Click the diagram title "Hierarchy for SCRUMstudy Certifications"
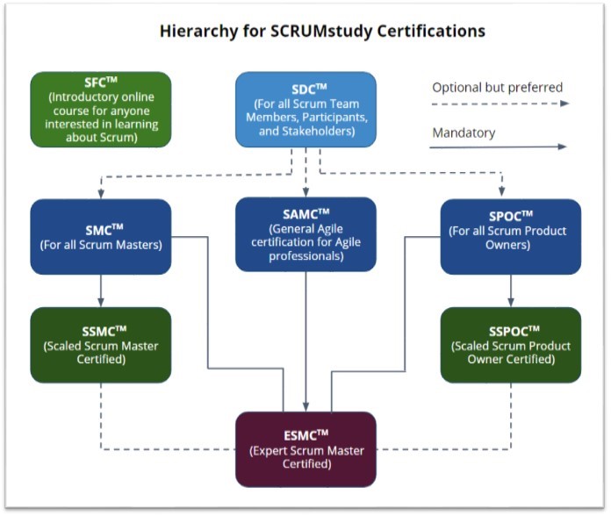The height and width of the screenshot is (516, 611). [322, 32]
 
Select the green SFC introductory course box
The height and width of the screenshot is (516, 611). [100, 109]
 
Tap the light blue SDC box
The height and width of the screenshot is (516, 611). [305, 109]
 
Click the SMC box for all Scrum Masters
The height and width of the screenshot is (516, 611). [100, 236]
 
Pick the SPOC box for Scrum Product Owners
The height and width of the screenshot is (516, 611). [510, 236]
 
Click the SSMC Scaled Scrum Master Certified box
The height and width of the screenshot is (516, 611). [100, 345]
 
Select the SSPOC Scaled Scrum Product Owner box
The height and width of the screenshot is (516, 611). [510, 345]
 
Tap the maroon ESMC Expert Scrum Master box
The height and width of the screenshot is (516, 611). [305, 448]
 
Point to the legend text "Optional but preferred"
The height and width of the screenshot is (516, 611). [497, 87]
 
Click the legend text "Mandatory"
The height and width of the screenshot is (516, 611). [464, 133]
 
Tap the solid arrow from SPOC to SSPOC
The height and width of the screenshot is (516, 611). [510, 290]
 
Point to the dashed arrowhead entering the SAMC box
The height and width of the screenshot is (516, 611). [305, 191]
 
